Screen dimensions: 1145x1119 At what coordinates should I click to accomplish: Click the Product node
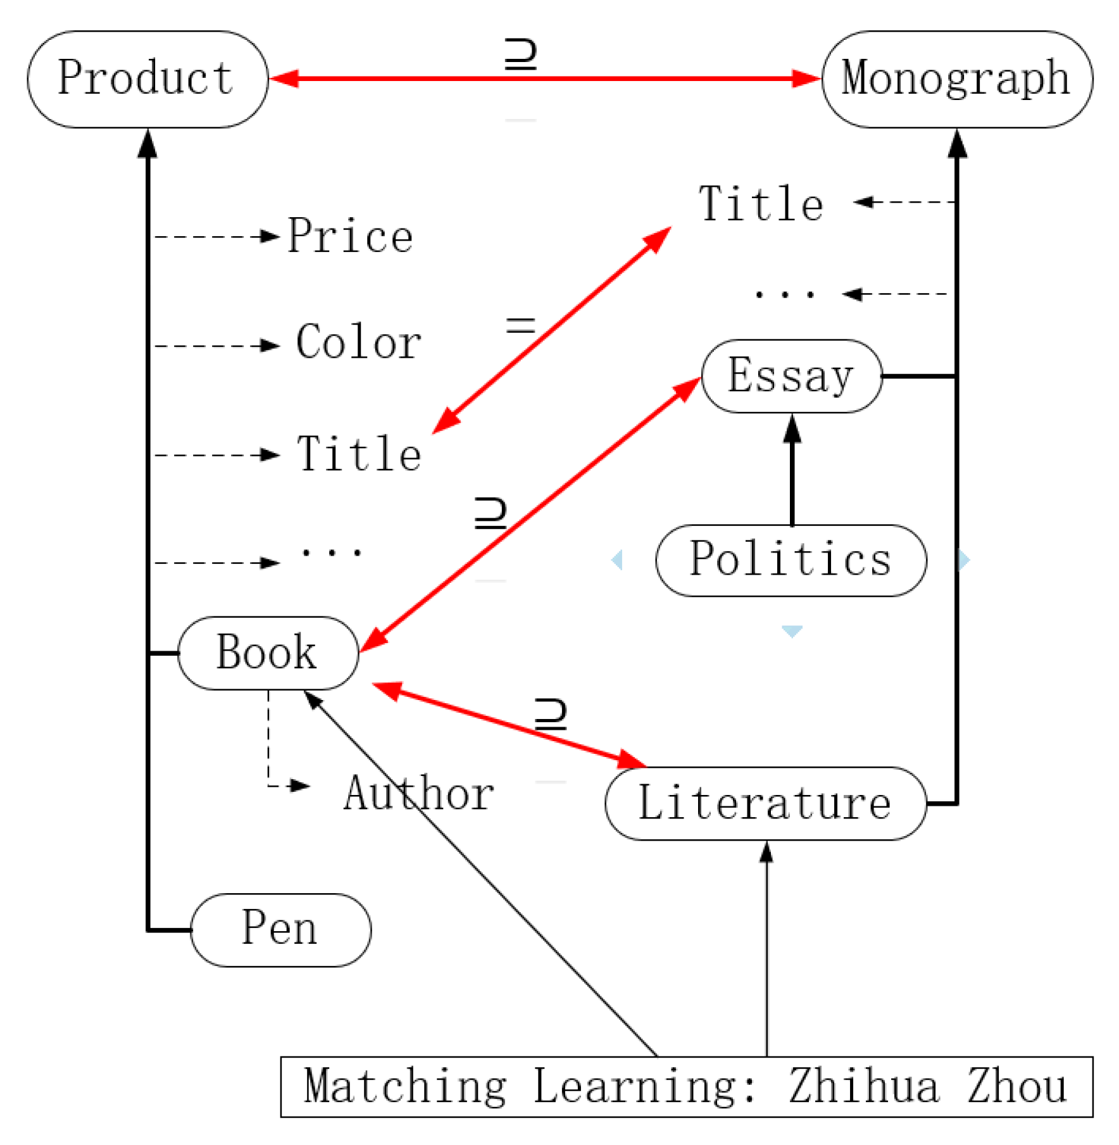147,78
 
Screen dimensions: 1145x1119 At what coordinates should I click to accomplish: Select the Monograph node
956,78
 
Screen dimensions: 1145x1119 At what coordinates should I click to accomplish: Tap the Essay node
791,376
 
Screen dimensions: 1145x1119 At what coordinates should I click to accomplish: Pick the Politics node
791,560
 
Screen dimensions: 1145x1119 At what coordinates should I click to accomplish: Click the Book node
268,653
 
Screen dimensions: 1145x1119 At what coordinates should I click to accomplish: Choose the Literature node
765,803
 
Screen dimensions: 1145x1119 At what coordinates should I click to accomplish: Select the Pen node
280,929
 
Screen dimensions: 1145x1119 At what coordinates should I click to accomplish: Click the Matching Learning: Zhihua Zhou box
686,1086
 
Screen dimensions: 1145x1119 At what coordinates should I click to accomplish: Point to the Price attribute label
350,236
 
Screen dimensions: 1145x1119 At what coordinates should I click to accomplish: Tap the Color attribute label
358,342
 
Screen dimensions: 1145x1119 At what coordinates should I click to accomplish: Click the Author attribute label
418,793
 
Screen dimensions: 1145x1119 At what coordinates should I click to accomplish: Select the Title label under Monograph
761,204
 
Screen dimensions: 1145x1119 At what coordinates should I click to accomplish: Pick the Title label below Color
359,454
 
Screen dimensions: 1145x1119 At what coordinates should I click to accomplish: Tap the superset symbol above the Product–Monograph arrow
520,54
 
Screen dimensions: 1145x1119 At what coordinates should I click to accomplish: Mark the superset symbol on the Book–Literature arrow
550,715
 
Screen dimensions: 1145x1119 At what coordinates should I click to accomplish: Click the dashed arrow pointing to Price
215,237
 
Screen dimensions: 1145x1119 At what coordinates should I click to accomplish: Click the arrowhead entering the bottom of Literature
766,853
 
